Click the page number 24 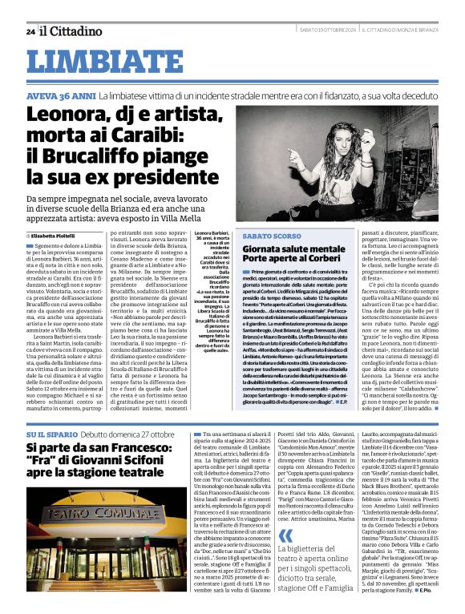coord(30,31)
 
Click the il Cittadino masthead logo coord(71,30)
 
